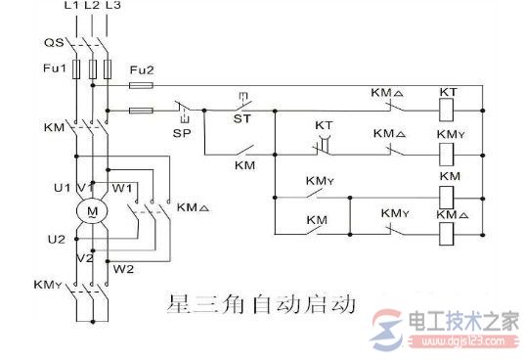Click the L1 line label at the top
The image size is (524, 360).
70,7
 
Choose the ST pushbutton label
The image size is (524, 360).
241,117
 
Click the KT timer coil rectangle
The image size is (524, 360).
449,110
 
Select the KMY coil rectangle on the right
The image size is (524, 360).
449,152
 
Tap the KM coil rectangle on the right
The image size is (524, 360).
449,194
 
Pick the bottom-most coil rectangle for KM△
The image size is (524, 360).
449,234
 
